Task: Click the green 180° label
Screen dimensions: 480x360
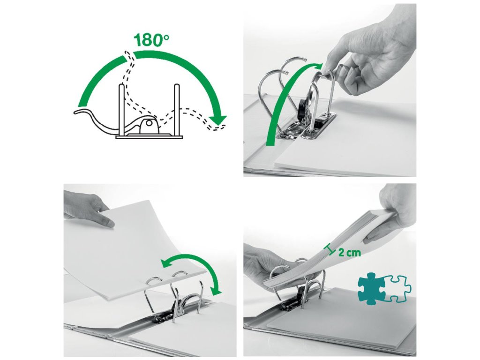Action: coord(151,40)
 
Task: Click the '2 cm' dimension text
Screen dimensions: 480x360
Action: coord(349,253)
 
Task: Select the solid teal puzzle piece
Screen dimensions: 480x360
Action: coord(371,288)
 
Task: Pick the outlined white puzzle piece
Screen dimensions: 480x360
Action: coord(398,289)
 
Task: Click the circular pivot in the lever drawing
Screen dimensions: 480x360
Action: coord(149,123)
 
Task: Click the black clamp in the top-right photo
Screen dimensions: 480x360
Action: coord(301,109)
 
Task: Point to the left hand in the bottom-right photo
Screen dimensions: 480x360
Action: coord(276,263)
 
